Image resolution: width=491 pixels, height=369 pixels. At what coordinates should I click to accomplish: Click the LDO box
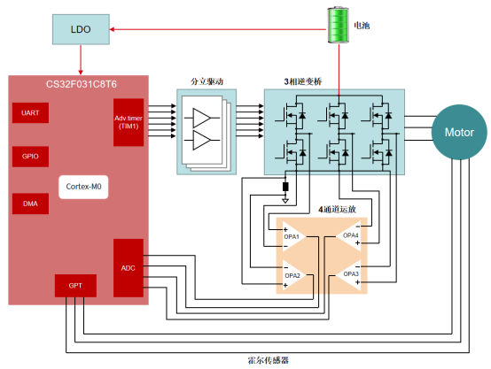[x=81, y=32]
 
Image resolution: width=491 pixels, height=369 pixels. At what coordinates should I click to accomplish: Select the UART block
[x=30, y=113]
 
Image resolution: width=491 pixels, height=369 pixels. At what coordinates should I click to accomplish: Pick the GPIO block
[x=30, y=156]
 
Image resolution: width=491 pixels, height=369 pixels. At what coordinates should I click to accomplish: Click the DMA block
[x=30, y=203]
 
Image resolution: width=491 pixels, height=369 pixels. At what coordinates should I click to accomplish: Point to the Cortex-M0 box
[x=82, y=187]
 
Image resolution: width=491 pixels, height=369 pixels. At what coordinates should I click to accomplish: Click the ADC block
[x=128, y=266]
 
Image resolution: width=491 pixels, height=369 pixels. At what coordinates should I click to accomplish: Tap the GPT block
[x=74, y=286]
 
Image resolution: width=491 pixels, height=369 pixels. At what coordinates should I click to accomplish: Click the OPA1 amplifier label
[x=292, y=236]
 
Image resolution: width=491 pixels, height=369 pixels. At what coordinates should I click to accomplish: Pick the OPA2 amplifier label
[x=292, y=275]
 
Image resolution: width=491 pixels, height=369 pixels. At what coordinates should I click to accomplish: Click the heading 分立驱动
[x=207, y=81]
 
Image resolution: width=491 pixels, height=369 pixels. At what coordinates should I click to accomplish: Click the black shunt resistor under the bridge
[x=284, y=187]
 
